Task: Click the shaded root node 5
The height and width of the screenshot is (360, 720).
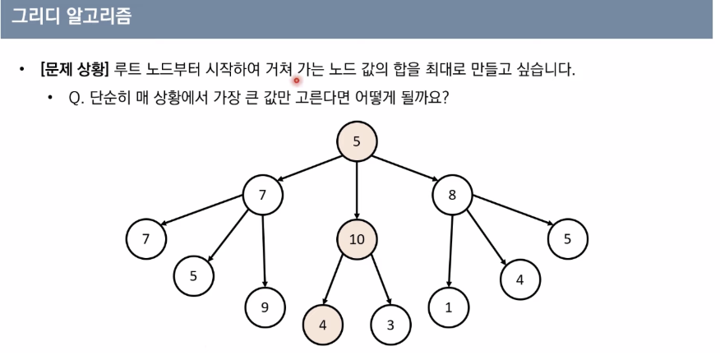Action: pyautogui.click(x=357, y=141)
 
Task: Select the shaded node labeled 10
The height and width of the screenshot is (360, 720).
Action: pyautogui.click(x=357, y=239)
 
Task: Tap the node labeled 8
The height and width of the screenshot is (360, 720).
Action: pyautogui.click(x=452, y=196)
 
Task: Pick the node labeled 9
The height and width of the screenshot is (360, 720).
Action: pyautogui.click(x=265, y=307)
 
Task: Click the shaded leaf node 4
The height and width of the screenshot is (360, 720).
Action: pyautogui.click(x=323, y=325)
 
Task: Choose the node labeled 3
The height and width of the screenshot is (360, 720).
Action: pyautogui.click(x=390, y=325)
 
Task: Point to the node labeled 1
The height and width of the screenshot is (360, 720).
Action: pyautogui.click(x=449, y=307)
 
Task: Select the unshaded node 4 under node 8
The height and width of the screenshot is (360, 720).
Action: pyautogui.click(x=519, y=279)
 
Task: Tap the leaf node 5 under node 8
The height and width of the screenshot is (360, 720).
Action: pyautogui.click(x=568, y=239)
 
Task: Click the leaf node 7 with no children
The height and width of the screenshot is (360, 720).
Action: pyautogui.click(x=146, y=239)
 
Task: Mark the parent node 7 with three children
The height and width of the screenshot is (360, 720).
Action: pyautogui.click(x=263, y=196)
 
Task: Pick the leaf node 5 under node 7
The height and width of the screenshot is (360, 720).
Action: pyautogui.click(x=194, y=275)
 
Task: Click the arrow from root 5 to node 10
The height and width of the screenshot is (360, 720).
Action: pyautogui.click(x=357, y=191)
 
